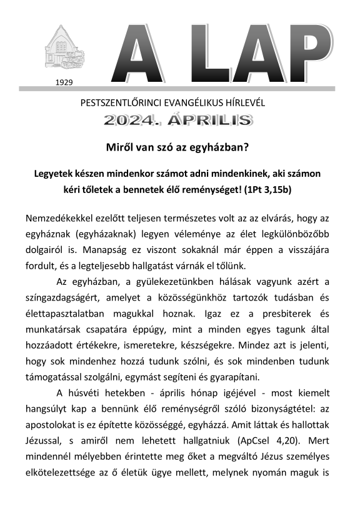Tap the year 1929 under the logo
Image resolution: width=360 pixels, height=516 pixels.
pyautogui.click(x=64, y=82)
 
